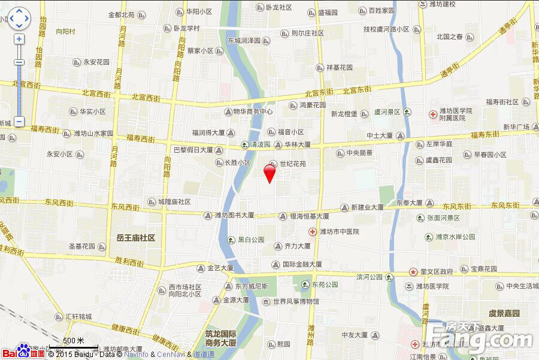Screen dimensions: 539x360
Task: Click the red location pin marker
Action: click(x=269, y=173)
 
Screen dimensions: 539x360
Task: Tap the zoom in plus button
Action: click(x=19, y=39)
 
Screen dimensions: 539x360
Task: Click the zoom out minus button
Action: click(x=19, y=122)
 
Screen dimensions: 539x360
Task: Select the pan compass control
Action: click(x=19, y=18)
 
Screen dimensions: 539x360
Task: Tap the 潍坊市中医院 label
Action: click(x=339, y=231)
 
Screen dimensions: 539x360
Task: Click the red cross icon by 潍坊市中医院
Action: click(x=312, y=231)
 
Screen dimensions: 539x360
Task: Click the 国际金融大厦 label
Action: click(x=302, y=264)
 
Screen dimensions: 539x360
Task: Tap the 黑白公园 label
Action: click(x=251, y=240)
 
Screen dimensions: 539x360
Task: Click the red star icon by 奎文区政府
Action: click(x=413, y=271)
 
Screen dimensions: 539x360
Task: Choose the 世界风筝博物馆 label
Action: click(x=296, y=301)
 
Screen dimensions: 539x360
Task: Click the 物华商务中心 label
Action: click(x=253, y=111)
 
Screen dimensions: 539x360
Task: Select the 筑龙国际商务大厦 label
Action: click(x=221, y=338)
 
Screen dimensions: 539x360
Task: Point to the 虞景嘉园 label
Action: click(x=504, y=313)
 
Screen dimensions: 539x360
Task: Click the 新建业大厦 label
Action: click(x=367, y=207)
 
